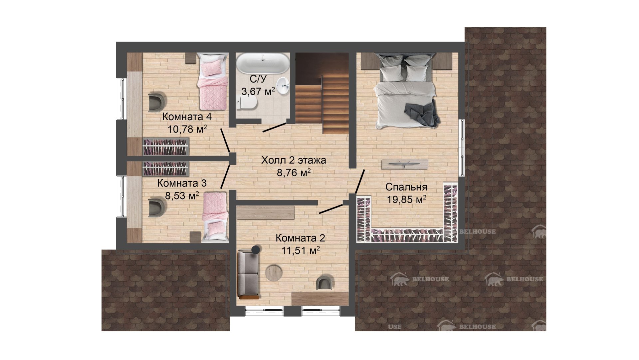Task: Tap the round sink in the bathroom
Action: [283, 86]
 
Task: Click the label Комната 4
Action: [187, 117]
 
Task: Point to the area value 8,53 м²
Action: [182, 196]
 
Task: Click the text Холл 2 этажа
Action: [294, 160]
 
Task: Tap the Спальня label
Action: [406, 187]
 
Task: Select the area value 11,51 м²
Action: [301, 250]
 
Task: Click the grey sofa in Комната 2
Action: [248, 273]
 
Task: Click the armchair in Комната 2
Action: [324, 282]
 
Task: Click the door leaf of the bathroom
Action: [275, 128]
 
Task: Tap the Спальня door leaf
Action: [360, 181]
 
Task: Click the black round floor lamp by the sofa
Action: [256, 249]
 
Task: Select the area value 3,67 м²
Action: [258, 91]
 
